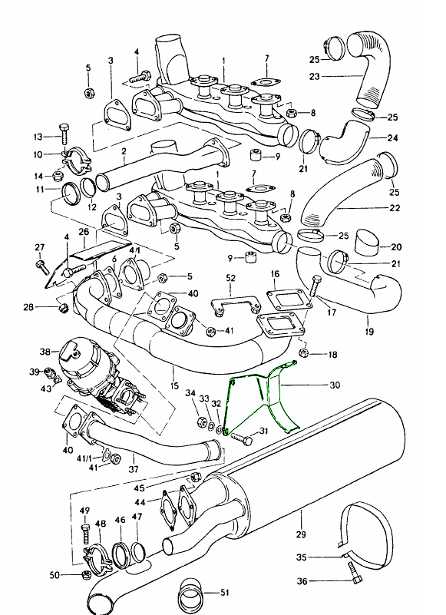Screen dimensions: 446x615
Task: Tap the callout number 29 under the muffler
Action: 301,534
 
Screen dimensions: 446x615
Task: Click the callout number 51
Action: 224,592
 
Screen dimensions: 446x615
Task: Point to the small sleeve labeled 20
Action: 368,243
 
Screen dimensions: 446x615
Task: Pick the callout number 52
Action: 230,278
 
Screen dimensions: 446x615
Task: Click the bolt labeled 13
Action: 64,134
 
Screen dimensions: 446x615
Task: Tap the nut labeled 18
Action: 304,352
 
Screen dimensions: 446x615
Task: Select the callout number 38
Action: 45,352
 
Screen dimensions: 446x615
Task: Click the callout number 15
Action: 174,386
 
